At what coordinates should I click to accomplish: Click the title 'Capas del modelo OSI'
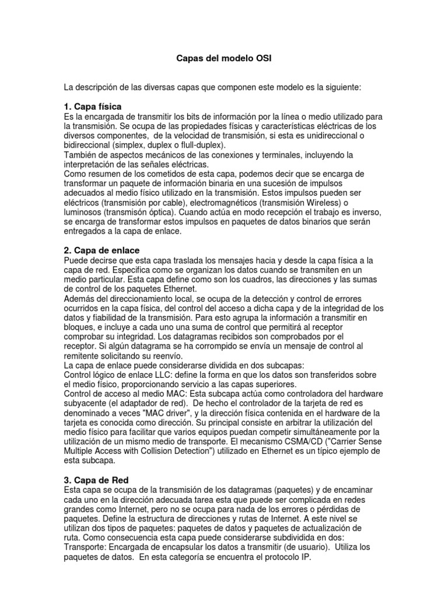coord(224,60)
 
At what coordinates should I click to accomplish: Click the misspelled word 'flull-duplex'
coord(204,145)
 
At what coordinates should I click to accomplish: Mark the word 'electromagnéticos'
coord(207,203)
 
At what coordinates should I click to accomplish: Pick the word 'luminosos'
coord(84,212)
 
